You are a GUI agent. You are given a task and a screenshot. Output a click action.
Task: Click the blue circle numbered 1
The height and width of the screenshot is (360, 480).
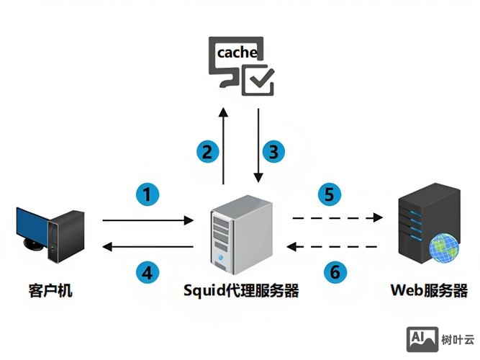[x=147, y=194]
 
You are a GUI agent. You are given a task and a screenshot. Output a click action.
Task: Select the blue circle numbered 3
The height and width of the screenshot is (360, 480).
[x=273, y=152]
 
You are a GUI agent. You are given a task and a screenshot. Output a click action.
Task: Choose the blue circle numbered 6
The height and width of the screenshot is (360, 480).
[x=334, y=272]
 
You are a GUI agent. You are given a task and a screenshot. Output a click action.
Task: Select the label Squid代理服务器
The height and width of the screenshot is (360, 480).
[x=240, y=291]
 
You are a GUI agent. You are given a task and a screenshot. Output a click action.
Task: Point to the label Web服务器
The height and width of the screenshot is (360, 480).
[x=429, y=291]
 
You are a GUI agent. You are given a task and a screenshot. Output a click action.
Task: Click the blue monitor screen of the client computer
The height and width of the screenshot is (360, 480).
[x=32, y=229]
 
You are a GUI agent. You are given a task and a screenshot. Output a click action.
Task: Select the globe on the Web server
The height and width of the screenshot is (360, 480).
[x=444, y=249]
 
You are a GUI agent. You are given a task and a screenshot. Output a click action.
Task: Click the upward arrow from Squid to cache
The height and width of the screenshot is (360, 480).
[x=224, y=148]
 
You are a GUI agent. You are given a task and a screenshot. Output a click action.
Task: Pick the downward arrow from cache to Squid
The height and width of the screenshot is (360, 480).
[x=257, y=148]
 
